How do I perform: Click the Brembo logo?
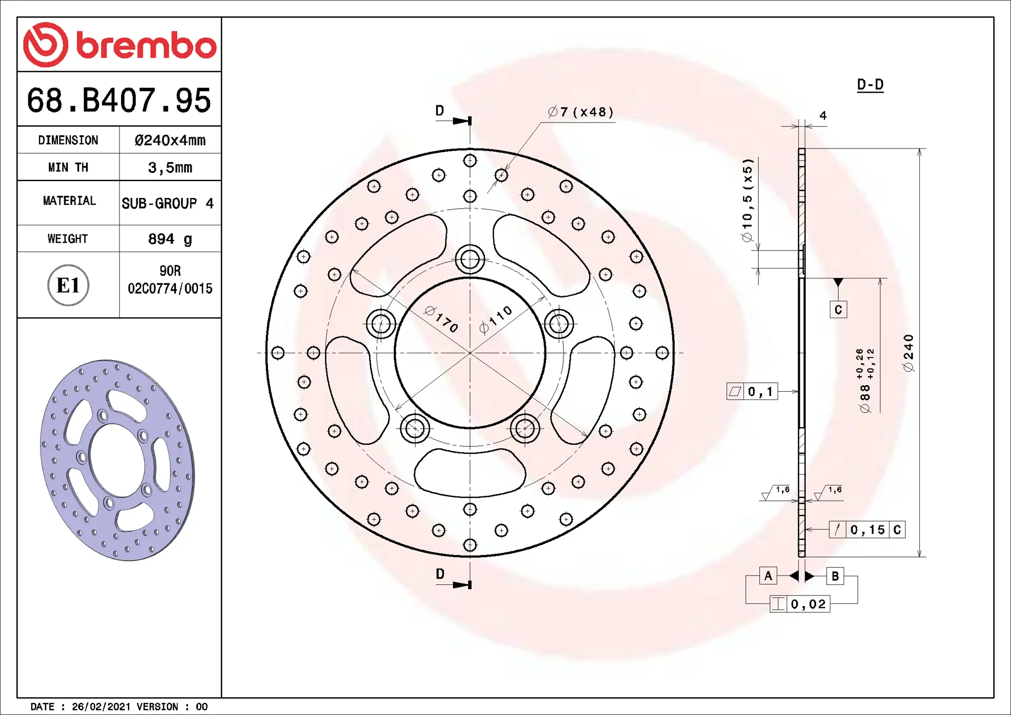pos(120,45)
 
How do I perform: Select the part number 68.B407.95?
pos(119,100)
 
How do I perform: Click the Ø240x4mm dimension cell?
pos(170,140)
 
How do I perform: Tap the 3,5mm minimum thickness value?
pos(170,167)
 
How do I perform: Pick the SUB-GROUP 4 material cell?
pos(167,203)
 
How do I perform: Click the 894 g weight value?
pos(170,239)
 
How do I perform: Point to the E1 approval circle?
pos(68,285)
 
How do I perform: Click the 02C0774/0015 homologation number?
pos(170,289)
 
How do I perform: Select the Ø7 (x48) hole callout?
pos(581,112)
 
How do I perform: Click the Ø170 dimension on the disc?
pos(441,319)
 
